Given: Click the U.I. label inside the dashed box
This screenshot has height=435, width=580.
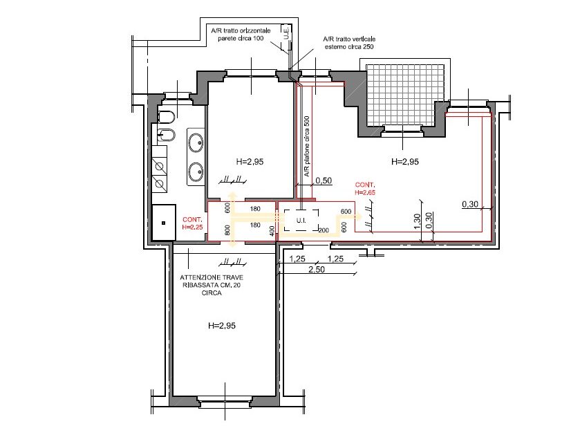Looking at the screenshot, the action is pyautogui.click(x=301, y=221).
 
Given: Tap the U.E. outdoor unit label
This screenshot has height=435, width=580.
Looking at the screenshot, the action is pyautogui.click(x=286, y=33).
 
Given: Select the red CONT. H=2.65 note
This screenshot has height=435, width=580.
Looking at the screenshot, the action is pyautogui.click(x=365, y=189).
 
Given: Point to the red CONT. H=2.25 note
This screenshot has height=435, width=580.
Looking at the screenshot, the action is pyautogui.click(x=192, y=224).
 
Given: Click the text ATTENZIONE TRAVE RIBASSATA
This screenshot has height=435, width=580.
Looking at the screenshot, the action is pyautogui.click(x=212, y=281).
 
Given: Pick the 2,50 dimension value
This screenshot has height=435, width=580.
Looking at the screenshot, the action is pyautogui.click(x=317, y=269).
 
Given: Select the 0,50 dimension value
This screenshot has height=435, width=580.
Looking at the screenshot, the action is pyautogui.click(x=324, y=181).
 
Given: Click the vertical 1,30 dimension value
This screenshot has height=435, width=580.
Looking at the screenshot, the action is pyautogui.click(x=417, y=221).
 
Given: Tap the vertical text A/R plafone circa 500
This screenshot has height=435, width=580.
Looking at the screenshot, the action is pyautogui.click(x=307, y=146).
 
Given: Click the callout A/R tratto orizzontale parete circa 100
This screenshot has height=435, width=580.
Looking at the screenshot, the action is pyautogui.click(x=241, y=35).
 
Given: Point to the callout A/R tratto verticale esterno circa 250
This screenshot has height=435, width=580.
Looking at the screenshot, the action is pyautogui.click(x=349, y=43).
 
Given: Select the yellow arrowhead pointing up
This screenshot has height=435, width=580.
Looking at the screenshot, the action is pyautogui.click(x=232, y=196).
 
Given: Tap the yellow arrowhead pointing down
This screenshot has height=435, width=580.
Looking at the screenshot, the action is pyautogui.click(x=232, y=243).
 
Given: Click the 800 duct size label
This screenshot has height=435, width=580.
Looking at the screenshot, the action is pyautogui.click(x=227, y=230).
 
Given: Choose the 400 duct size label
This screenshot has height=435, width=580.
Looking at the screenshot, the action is pyautogui.click(x=272, y=230).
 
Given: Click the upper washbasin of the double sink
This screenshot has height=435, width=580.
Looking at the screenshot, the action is pyautogui.click(x=196, y=141).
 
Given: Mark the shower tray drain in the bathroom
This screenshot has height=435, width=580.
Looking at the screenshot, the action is pyautogui.click(x=163, y=223).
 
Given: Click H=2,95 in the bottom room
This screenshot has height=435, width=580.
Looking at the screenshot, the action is pyautogui.click(x=222, y=326).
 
